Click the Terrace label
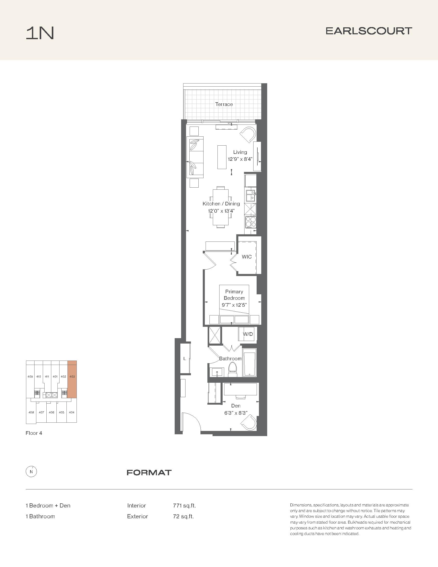coord(224,104)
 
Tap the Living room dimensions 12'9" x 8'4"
coord(240,159)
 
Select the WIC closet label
coord(247,257)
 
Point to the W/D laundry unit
coord(248,334)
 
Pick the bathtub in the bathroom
coord(249,362)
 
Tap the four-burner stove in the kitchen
coord(251,222)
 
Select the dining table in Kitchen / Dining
coord(221,207)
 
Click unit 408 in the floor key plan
coord(31,412)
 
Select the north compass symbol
coord(31,472)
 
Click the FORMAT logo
coord(149,472)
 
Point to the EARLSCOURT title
coord(369,31)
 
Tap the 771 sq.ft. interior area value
coord(184,505)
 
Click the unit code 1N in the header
coord(40,33)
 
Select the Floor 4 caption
coord(34,433)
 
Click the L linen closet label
coord(184,359)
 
